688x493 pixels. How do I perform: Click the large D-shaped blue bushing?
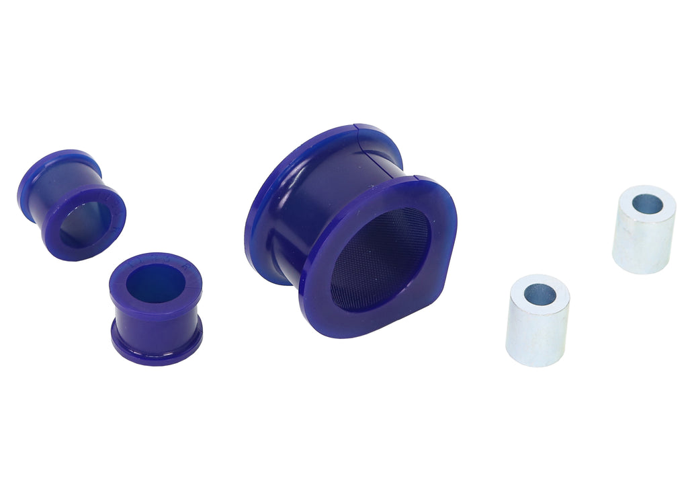coord(349,229)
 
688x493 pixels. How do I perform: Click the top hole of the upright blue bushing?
coord(156,283)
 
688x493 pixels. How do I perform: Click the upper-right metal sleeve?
coord(644,229)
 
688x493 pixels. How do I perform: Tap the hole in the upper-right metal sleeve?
coord(647,204)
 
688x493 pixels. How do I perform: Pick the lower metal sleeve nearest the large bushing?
coord(537,319)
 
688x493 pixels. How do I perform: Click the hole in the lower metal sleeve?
coord(540,294)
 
